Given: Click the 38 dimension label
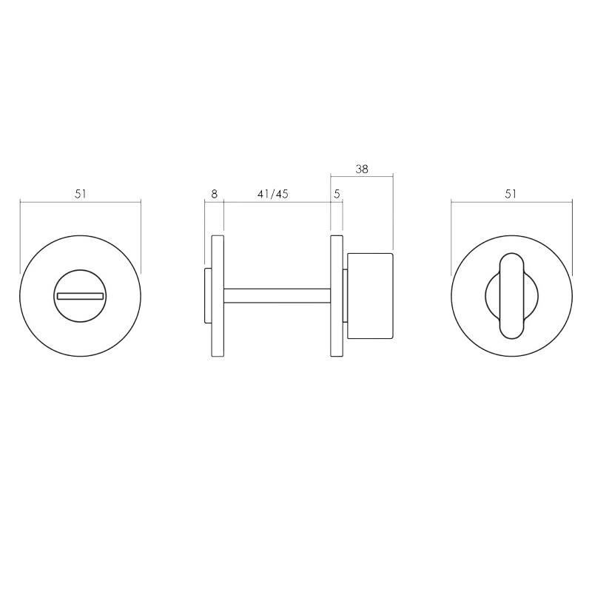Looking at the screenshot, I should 362,169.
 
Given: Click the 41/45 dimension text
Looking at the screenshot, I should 272,195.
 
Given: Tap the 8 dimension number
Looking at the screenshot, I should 214,195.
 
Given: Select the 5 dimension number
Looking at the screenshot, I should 337,195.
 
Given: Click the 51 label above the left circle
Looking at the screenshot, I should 81,194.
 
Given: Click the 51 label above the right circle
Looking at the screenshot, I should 511,194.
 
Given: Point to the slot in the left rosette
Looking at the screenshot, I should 79,296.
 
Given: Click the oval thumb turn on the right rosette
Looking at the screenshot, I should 511,296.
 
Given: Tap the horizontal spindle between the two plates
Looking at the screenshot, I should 277,295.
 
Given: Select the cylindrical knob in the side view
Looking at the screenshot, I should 370,295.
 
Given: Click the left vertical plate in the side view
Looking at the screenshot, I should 218,295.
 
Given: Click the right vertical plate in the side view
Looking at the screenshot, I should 336,295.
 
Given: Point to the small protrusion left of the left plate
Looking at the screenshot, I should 208,295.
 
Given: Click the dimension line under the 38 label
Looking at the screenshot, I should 361,176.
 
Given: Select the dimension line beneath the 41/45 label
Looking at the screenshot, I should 277,201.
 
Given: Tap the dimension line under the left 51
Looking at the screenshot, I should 81,201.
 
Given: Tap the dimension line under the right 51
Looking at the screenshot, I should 511,201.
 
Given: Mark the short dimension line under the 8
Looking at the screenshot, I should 214,201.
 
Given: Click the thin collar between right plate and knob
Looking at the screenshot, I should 345,295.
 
